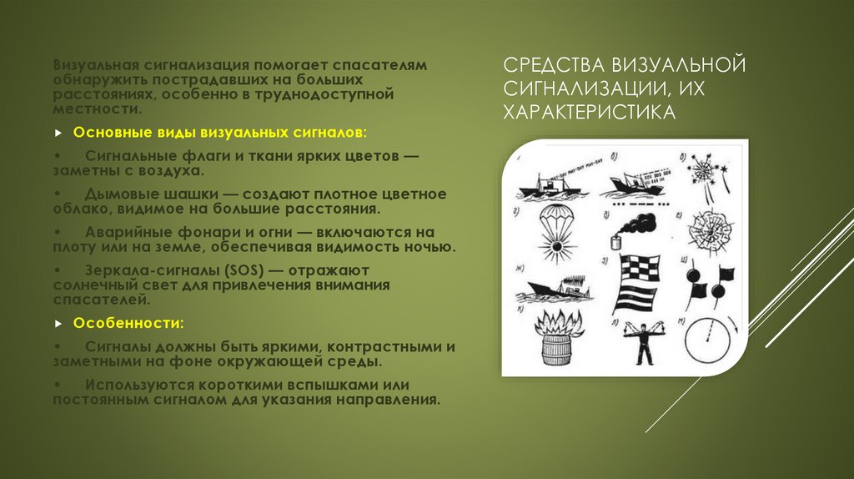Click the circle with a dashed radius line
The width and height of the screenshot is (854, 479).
(x=708, y=340)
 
